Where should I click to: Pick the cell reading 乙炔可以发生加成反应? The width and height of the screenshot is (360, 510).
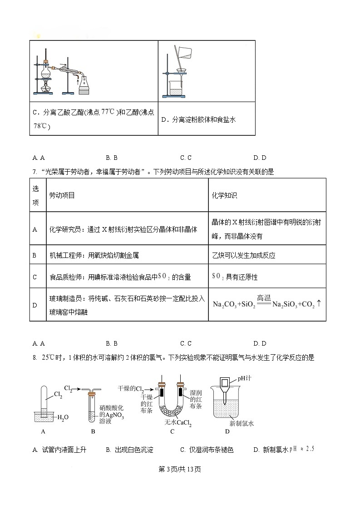[243, 255]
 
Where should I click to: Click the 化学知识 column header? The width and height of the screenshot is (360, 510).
[224, 195]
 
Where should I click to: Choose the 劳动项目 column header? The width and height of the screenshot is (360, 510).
[62, 195]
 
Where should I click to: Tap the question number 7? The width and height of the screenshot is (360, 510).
[34, 172]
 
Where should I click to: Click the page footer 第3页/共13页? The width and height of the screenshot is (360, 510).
[180, 469]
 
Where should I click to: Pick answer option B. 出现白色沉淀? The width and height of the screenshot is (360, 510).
[129, 450]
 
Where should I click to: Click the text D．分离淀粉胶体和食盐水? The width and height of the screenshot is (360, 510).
[198, 120]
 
